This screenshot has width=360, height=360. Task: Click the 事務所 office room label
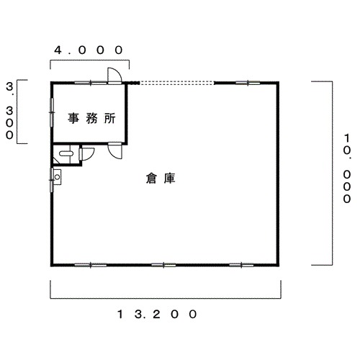click(91, 118)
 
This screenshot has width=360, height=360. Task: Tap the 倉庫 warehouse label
click(161, 179)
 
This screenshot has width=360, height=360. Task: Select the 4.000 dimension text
click(89, 50)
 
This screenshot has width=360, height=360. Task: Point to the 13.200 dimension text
click(158, 314)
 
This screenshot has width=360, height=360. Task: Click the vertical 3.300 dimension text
click(9, 111)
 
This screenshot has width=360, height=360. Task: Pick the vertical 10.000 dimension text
click(347, 168)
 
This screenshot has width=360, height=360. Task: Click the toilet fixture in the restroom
click(66, 153)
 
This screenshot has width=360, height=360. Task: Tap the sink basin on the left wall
click(57, 177)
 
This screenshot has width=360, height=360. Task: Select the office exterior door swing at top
click(114, 76)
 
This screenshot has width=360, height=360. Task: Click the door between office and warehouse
click(115, 150)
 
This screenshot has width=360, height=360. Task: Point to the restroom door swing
click(86, 154)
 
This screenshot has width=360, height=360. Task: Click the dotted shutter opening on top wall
click(176, 83)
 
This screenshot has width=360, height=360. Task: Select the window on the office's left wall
click(52, 112)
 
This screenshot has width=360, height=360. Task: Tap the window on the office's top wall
click(91, 83)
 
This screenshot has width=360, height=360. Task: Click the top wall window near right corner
click(248, 83)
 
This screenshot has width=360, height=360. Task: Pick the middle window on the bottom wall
click(163, 265)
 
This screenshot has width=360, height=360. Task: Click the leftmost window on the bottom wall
click(91, 265)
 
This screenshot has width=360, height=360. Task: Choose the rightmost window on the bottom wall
click(241, 265)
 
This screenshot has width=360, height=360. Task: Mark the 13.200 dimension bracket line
click(166, 299)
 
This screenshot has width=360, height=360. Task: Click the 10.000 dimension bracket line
click(333, 174)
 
